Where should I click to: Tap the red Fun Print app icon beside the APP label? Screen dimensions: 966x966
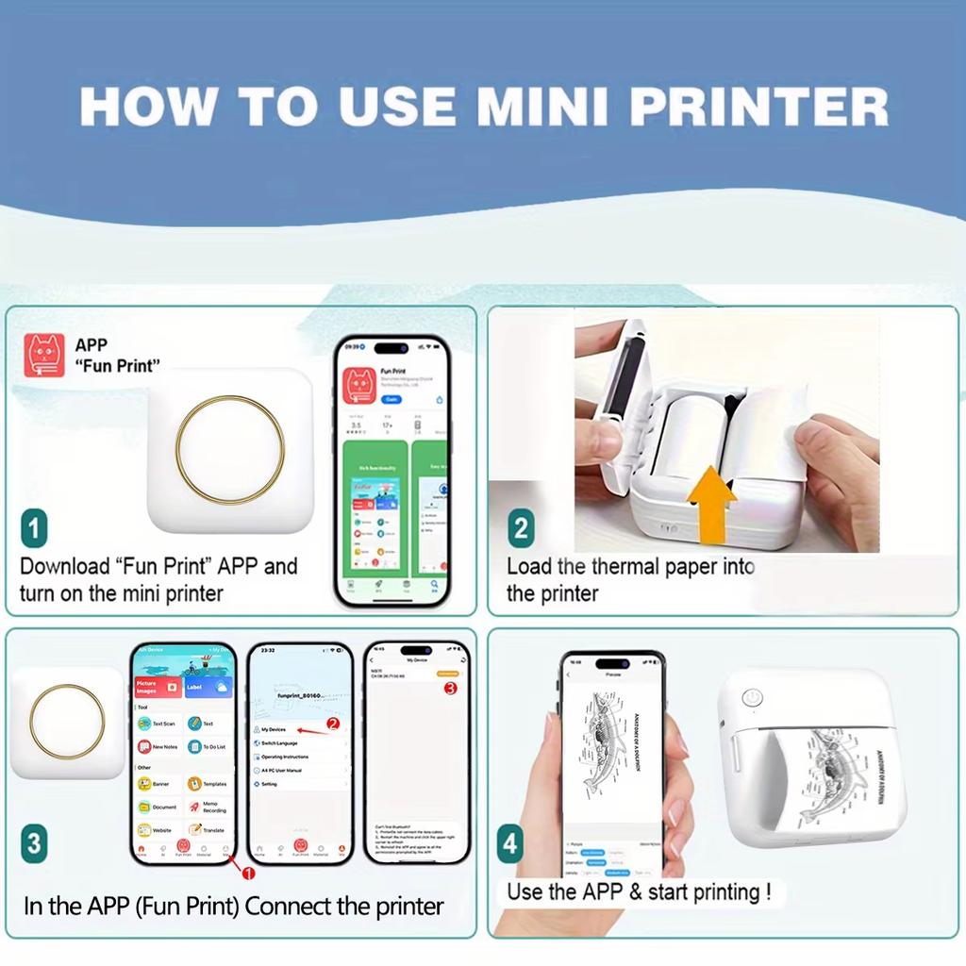click(44, 356)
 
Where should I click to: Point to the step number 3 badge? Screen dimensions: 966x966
click(33, 842)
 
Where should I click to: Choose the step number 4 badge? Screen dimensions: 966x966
click(510, 842)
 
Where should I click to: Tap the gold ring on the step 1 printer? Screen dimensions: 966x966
click(229, 448)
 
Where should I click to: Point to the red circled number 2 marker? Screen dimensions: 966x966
click(332, 724)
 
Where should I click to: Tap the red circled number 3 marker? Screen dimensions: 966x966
click(450, 688)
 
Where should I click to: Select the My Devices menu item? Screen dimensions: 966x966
click(274, 729)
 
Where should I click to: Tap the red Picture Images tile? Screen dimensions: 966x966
click(158, 686)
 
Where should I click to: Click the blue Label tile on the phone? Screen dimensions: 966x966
click(207, 687)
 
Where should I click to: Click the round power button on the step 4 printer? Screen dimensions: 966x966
click(751, 697)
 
